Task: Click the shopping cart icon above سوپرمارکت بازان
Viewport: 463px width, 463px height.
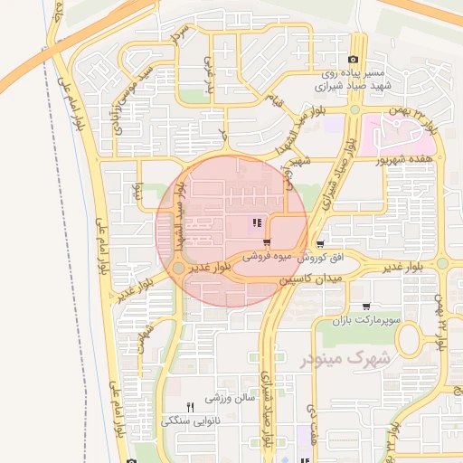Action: (366, 307)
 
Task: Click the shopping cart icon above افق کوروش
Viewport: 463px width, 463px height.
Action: (321, 244)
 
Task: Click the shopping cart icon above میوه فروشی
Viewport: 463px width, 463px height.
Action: (266, 242)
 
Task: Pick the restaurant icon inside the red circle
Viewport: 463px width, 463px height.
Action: (258, 222)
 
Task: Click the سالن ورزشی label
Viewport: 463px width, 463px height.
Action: (232, 397)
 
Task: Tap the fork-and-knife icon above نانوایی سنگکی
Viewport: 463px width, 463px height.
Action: (190, 407)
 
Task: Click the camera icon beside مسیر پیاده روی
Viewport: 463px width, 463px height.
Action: (353, 61)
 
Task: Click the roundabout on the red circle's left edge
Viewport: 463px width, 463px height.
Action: (180, 269)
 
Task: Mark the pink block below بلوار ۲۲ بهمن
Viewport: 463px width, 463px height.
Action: (407, 136)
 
